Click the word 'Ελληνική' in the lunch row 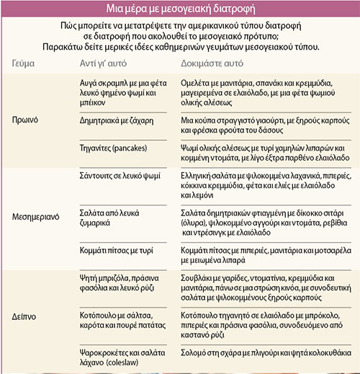(200, 176)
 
